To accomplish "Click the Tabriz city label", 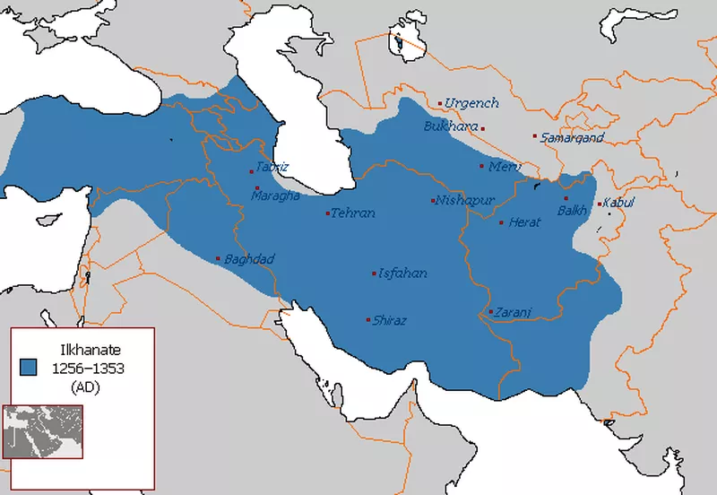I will (x=272, y=167).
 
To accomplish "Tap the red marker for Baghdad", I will (x=218, y=259).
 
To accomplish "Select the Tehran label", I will (x=352, y=213).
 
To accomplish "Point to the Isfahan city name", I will (x=403, y=274).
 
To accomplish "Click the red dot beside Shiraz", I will (x=367, y=320).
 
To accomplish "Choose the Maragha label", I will (x=275, y=195).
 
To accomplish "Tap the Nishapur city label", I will (x=464, y=200).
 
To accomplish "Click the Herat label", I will (x=524, y=222).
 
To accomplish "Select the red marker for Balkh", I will (x=566, y=198).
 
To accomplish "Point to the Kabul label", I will (x=619, y=203).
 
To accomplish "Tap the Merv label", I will (x=505, y=166).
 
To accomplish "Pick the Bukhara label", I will (x=451, y=126).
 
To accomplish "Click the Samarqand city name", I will (x=572, y=137).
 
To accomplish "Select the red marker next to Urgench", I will (x=439, y=103).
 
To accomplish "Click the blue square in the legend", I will (x=29, y=367).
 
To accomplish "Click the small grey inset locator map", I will (x=43, y=431).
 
